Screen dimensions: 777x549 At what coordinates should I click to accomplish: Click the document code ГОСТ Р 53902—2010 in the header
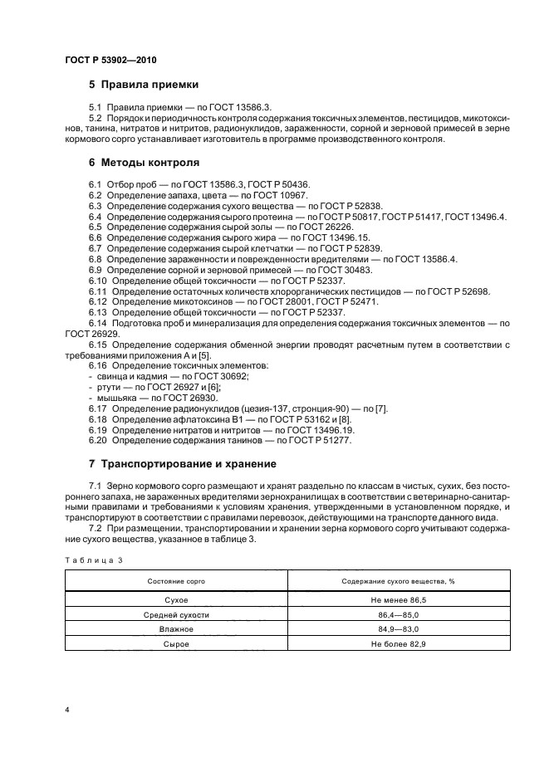coord(110,61)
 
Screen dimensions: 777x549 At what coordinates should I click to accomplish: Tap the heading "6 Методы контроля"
coord(144,163)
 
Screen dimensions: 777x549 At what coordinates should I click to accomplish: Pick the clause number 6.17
coord(97,409)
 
